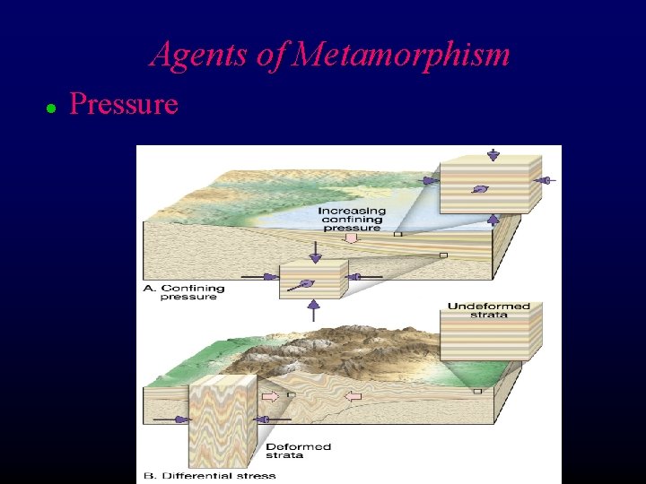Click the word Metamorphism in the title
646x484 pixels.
click(x=401, y=56)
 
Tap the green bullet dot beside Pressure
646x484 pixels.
click(x=51, y=108)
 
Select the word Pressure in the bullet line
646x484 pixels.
click(x=124, y=105)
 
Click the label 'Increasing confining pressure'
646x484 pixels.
click(x=352, y=219)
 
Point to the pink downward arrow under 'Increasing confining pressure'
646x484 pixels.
click(x=352, y=238)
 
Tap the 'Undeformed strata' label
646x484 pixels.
click(x=488, y=310)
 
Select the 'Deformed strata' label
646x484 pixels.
click(x=299, y=451)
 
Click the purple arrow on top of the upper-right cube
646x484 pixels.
click(x=493, y=154)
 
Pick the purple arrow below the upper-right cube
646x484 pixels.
click(x=493, y=219)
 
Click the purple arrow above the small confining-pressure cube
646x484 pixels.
click(x=314, y=254)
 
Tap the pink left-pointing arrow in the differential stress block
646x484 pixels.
click(x=353, y=396)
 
